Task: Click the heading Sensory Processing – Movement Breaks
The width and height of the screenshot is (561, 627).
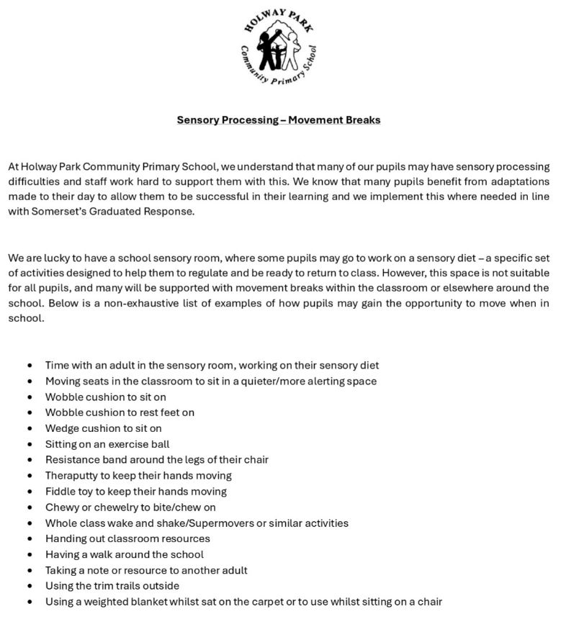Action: (x=279, y=120)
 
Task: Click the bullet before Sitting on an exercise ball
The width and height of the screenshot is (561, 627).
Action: (x=29, y=444)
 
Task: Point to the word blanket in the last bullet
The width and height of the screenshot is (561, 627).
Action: (x=147, y=601)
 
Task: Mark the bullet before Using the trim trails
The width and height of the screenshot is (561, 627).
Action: (x=29, y=586)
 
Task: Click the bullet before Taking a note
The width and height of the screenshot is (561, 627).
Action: (x=29, y=570)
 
